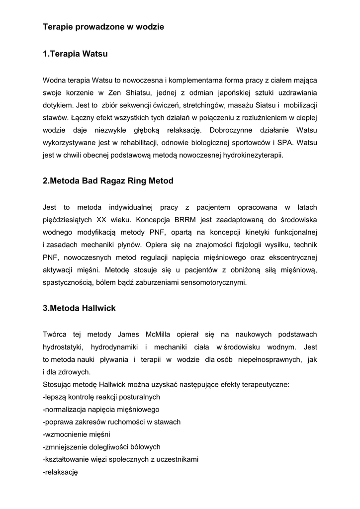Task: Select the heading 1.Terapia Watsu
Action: (75, 54)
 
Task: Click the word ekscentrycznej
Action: (293, 257)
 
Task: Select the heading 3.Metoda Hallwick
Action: (79, 308)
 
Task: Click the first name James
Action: (128, 334)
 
